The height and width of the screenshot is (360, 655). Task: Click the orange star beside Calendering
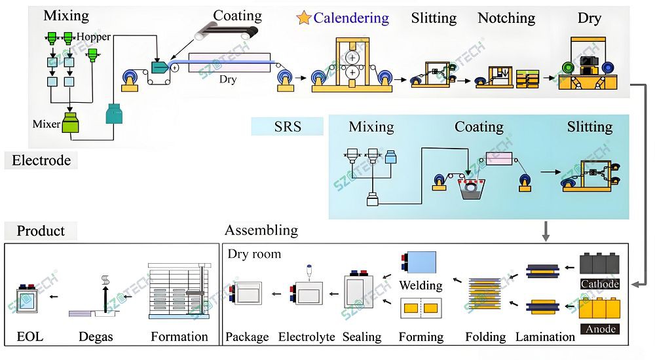coord(303,18)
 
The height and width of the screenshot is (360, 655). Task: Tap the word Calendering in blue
coord(351,18)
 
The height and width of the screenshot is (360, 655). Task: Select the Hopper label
coord(94,37)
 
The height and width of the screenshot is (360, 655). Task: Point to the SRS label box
coord(288,126)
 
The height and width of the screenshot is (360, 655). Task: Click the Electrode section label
coord(41,160)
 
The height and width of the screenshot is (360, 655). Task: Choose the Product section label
coord(41,231)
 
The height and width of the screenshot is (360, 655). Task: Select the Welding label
coord(421,285)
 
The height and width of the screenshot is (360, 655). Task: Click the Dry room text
coord(254,254)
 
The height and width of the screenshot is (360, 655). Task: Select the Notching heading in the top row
coord(506,18)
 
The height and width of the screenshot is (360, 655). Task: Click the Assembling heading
coord(261,230)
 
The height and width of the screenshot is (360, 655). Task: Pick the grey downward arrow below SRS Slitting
coord(546,230)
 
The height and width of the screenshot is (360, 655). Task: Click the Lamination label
coord(545,337)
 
